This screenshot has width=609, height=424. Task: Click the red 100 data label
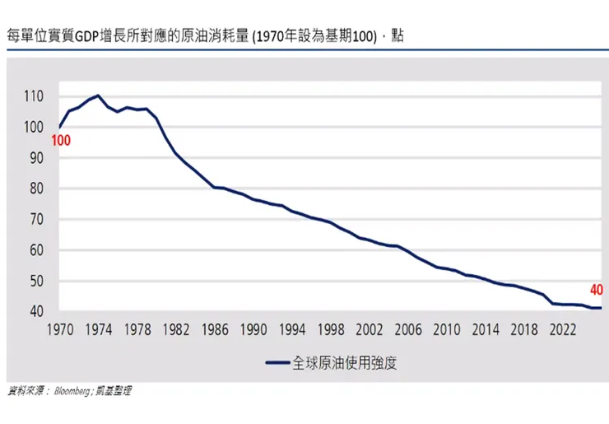(x=61, y=141)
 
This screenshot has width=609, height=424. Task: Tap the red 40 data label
(x=596, y=289)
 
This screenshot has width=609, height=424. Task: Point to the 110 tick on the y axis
(x=33, y=96)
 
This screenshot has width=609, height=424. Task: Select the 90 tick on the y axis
(x=33, y=157)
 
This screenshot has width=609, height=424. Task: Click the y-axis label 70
(x=33, y=219)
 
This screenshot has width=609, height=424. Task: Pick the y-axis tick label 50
(x=33, y=281)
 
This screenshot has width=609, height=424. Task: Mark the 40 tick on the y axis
(x=33, y=312)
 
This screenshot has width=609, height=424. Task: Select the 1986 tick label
(x=216, y=329)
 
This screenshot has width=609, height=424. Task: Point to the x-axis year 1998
(x=331, y=329)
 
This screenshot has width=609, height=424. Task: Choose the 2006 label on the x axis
(x=408, y=329)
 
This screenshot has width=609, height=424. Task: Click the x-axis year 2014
(x=485, y=329)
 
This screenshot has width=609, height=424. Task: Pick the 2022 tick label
(x=562, y=329)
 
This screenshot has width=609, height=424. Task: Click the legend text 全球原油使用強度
(x=345, y=362)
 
